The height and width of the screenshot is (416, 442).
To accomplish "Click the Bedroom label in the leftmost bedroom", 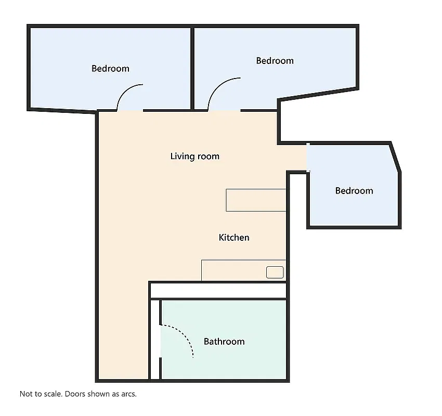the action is (x=110, y=69).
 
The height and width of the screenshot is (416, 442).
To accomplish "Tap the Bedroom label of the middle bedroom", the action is (x=275, y=61).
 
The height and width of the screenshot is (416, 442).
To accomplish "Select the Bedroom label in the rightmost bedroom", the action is (x=354, y=191).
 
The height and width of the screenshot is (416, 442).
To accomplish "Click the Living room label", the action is (x=195, y=156).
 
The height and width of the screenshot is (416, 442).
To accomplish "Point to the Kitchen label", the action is (x=234, y=238).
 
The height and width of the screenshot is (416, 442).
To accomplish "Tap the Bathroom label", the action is (x=224, y=342).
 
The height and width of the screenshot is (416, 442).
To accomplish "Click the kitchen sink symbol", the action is (x=275, y=272).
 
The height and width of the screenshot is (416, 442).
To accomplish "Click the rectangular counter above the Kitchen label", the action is (x=256, y=200).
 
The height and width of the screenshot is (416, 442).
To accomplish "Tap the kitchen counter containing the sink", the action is (x=243, y=270).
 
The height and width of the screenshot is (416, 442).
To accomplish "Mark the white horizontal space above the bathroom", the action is (x=218, y=291).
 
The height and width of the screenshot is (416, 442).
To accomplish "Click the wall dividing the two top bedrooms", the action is (x=192, y=68).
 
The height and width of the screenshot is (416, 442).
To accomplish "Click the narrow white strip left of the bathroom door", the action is (x=155, y=340).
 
